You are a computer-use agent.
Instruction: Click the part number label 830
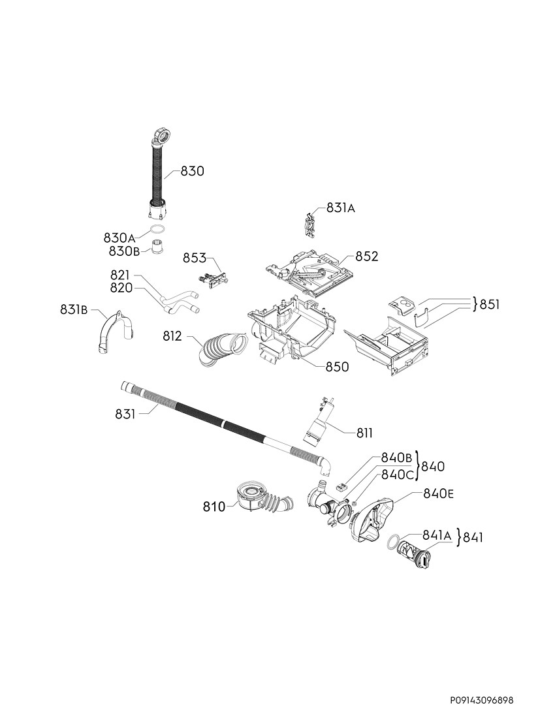click(193, 171)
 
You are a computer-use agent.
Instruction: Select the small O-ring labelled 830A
click(157, 229)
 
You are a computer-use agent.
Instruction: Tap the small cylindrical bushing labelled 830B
click(158, 246)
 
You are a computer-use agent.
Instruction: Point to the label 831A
click(340, 208)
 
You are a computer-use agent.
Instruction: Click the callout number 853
click(195, 258)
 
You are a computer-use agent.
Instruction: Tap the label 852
click(367, 257)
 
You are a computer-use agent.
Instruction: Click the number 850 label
click(337, 367)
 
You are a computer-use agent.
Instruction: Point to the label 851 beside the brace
click(490, 305)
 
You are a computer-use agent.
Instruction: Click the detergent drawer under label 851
click(387, 345)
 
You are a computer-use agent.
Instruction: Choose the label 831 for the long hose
click(125, 414)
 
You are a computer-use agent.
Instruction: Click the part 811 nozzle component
click(320, 424)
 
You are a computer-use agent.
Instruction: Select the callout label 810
click(214, 507)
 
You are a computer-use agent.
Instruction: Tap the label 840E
click(439, 493)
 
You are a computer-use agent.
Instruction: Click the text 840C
click(398, 475)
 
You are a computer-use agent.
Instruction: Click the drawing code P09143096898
click(481, 700)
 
